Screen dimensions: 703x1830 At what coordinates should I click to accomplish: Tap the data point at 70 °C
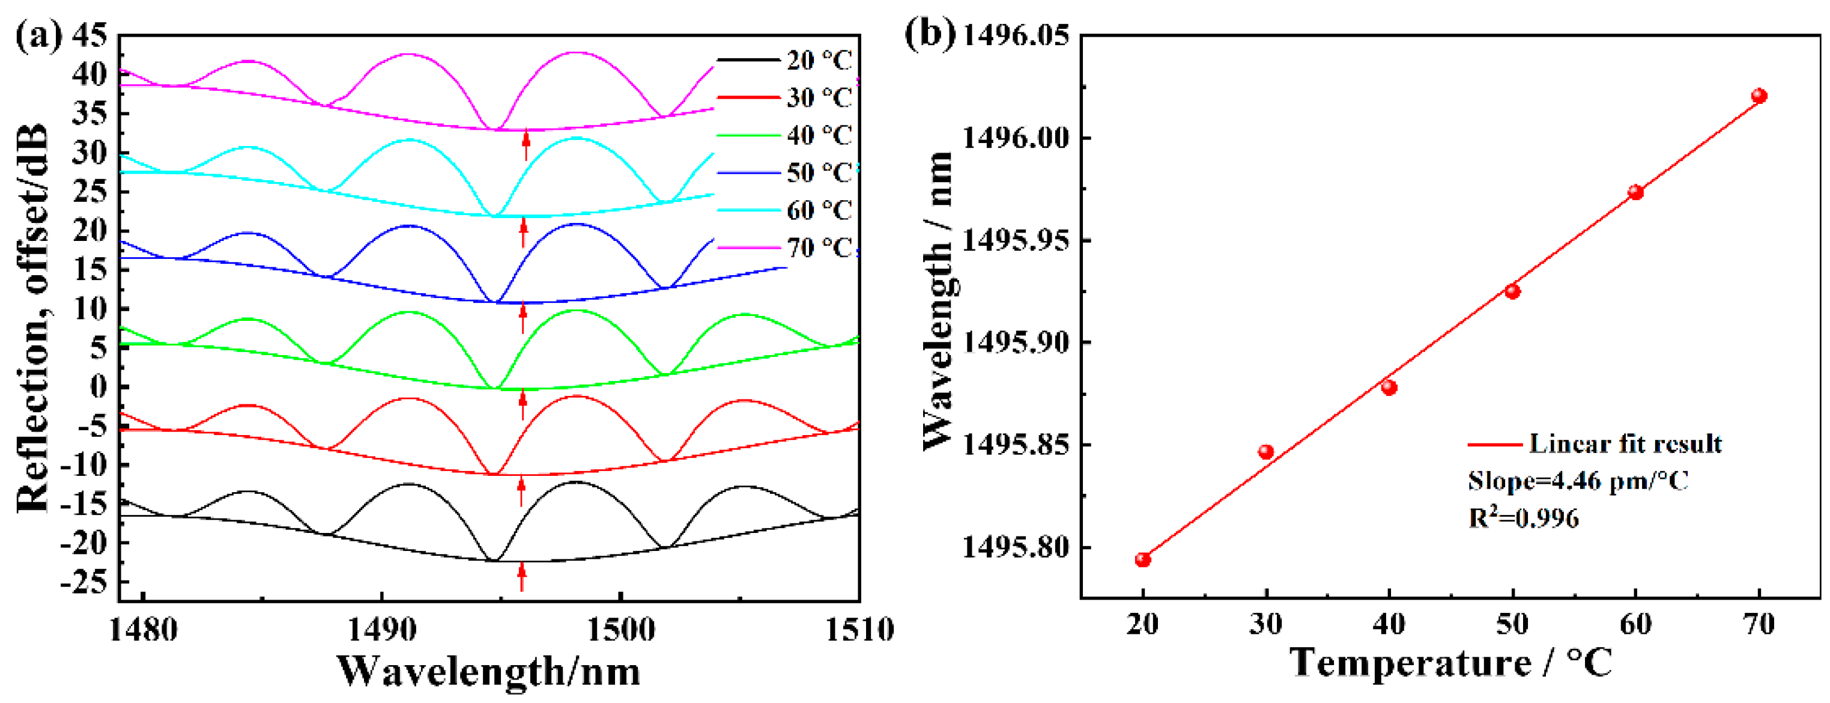1759,96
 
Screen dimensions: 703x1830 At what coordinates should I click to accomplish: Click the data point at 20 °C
1142,559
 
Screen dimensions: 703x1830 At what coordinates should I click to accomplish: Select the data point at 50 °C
1512,291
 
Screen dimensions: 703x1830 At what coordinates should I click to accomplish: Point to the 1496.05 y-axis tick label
1015,35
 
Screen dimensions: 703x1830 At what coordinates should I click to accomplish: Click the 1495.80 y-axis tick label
1015,548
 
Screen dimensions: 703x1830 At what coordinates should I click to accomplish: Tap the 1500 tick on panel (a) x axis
621,630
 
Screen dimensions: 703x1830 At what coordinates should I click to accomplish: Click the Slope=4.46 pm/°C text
1578,481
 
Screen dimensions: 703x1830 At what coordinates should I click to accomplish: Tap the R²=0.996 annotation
1523,517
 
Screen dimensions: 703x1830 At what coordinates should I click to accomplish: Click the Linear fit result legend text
1625,443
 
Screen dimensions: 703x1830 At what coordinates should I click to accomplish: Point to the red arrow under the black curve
521,576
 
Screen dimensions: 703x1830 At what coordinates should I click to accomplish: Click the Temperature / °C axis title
1450,663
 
